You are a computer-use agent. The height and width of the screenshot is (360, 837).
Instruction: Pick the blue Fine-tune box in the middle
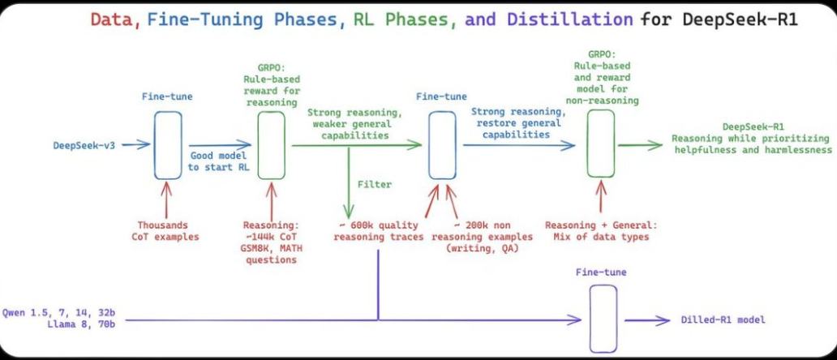click(x=441, y=144)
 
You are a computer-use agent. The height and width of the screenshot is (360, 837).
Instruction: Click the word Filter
click(x=375, y=184)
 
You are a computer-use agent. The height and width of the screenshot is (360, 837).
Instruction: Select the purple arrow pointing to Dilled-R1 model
click(x=647, y=320)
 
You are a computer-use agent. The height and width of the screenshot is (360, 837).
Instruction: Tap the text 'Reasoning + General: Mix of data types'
click(x=601, y=230)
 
